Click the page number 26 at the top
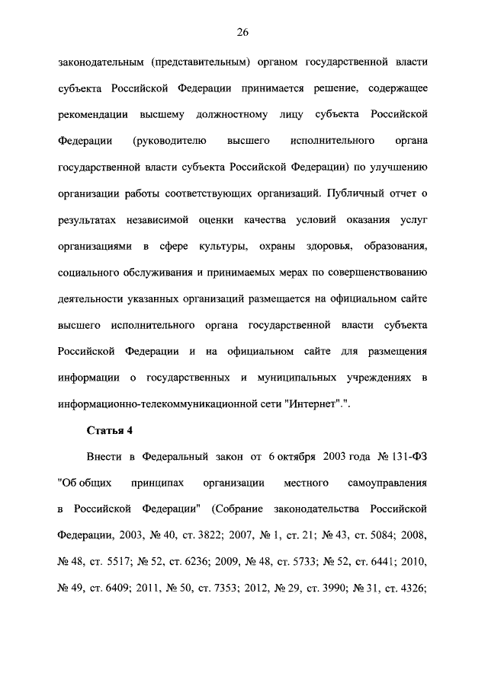pyautogui.click(x=243, y=31)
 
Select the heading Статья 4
pyautogui.click(x=110, y=430)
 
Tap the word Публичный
pyautogui.click(x=374, y=193)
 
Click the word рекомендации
pyautogui.click(x=92, y=115)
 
